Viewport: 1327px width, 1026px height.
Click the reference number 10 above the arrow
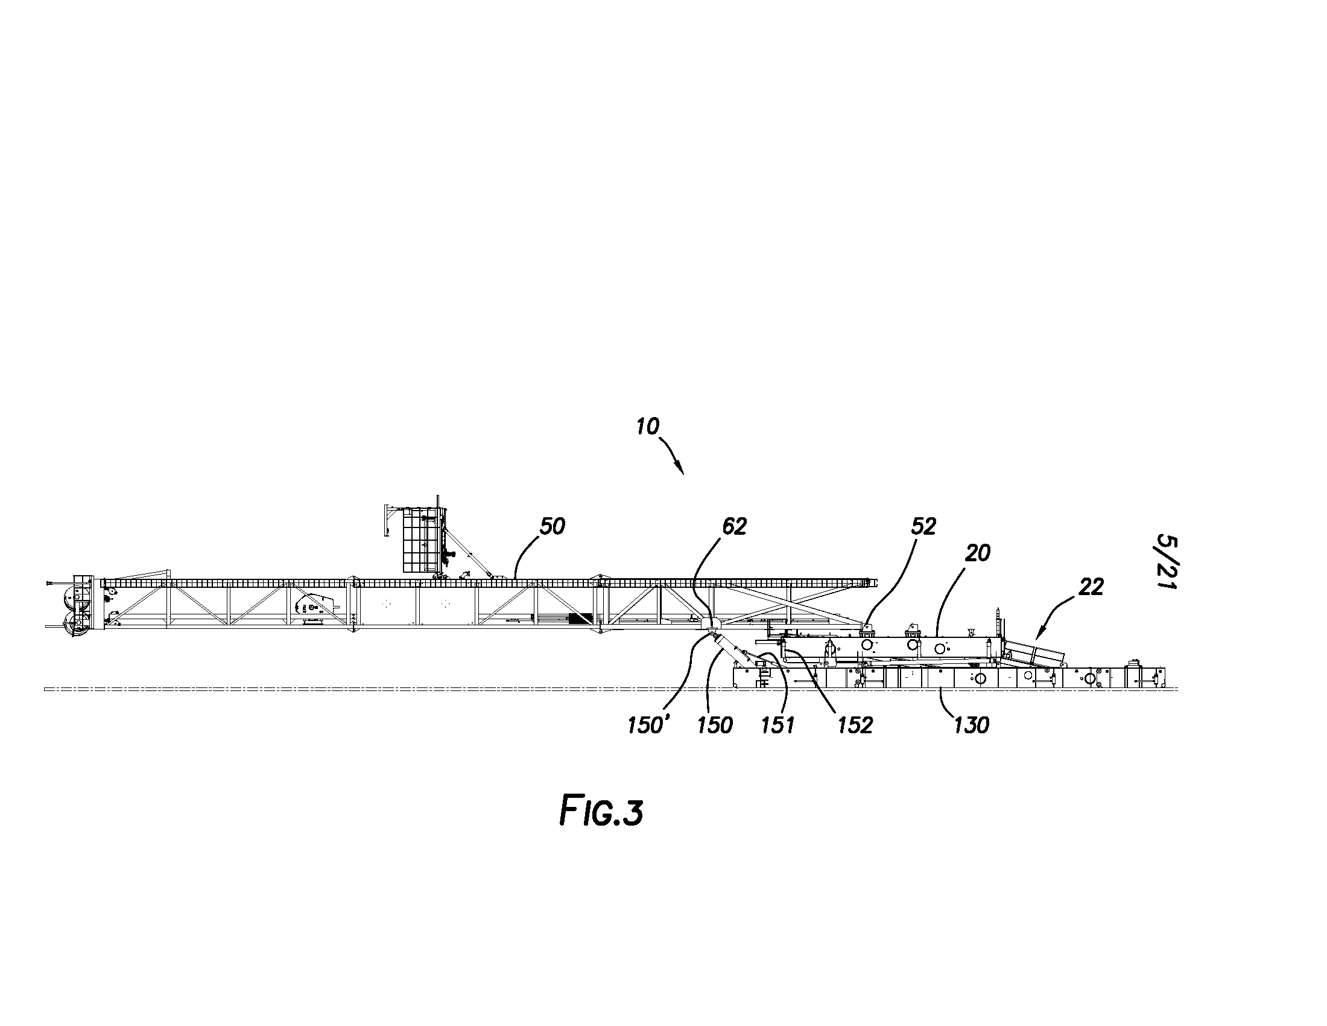pos(648,427)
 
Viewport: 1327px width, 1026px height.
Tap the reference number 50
pos(553,526)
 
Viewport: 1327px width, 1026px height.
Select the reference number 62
pos(733,526)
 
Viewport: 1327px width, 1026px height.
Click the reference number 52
pos(923,526)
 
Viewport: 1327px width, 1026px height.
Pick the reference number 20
pos(977,553)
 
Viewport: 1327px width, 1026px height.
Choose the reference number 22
pos(1091,587)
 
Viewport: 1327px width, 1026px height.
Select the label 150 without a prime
pos(715,725)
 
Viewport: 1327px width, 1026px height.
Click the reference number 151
pos(778,725)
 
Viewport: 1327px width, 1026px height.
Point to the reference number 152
pos(855,725)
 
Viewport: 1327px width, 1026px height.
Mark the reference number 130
pos(971,725)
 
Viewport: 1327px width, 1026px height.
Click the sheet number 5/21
pos(1167,562)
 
